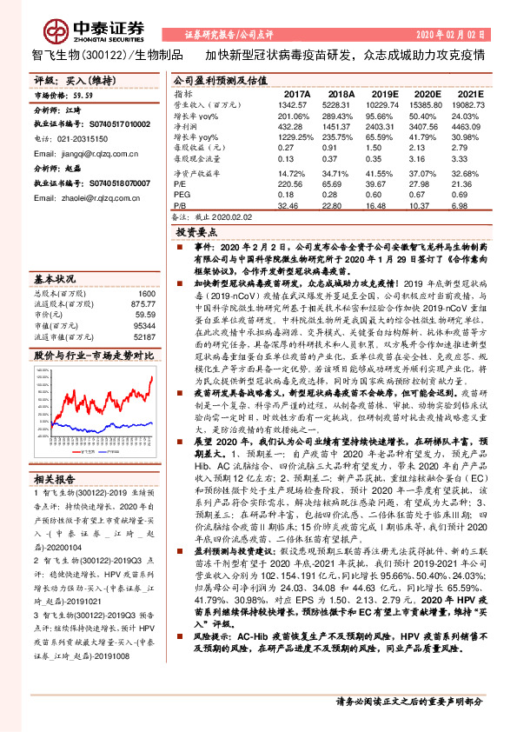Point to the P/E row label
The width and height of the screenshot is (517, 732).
(180, 184)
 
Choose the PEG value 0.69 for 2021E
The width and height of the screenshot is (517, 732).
(467, 196)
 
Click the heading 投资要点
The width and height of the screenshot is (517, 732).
(196, 232)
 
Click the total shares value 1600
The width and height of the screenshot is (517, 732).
(146, 293)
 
